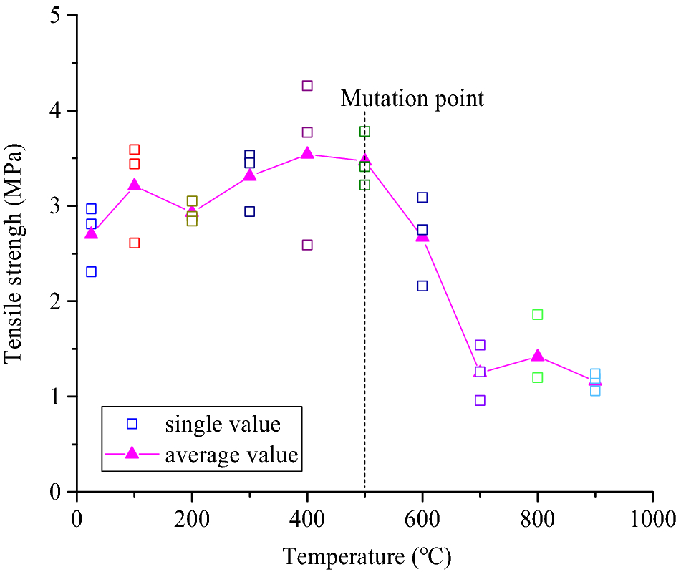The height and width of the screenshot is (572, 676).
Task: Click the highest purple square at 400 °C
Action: click(307, 86)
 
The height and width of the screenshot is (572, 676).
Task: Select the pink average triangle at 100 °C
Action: click(134, 185)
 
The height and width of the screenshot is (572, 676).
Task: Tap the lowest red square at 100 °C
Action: click(134, 243)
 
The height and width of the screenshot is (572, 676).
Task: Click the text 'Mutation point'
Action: click(412, 98)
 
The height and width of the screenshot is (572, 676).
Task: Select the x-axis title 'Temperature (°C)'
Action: click(366, 555)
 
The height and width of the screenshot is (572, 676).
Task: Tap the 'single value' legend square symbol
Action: click(132, 424)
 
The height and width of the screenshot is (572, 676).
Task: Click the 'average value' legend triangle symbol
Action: click(132, 455)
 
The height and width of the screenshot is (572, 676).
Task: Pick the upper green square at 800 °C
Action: click(538, 315)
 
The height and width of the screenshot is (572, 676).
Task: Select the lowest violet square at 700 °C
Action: click(480, 400)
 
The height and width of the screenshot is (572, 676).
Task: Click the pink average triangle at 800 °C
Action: click(538, 356)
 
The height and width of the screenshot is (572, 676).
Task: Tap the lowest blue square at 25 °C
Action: click(91, 272)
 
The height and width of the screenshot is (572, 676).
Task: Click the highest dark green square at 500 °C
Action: click(364, 132)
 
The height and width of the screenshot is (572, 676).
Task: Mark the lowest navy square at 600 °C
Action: click(422, 286)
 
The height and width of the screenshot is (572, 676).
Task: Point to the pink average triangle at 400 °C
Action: click(307, 153)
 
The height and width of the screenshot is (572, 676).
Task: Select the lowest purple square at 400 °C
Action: click(307, 245)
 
